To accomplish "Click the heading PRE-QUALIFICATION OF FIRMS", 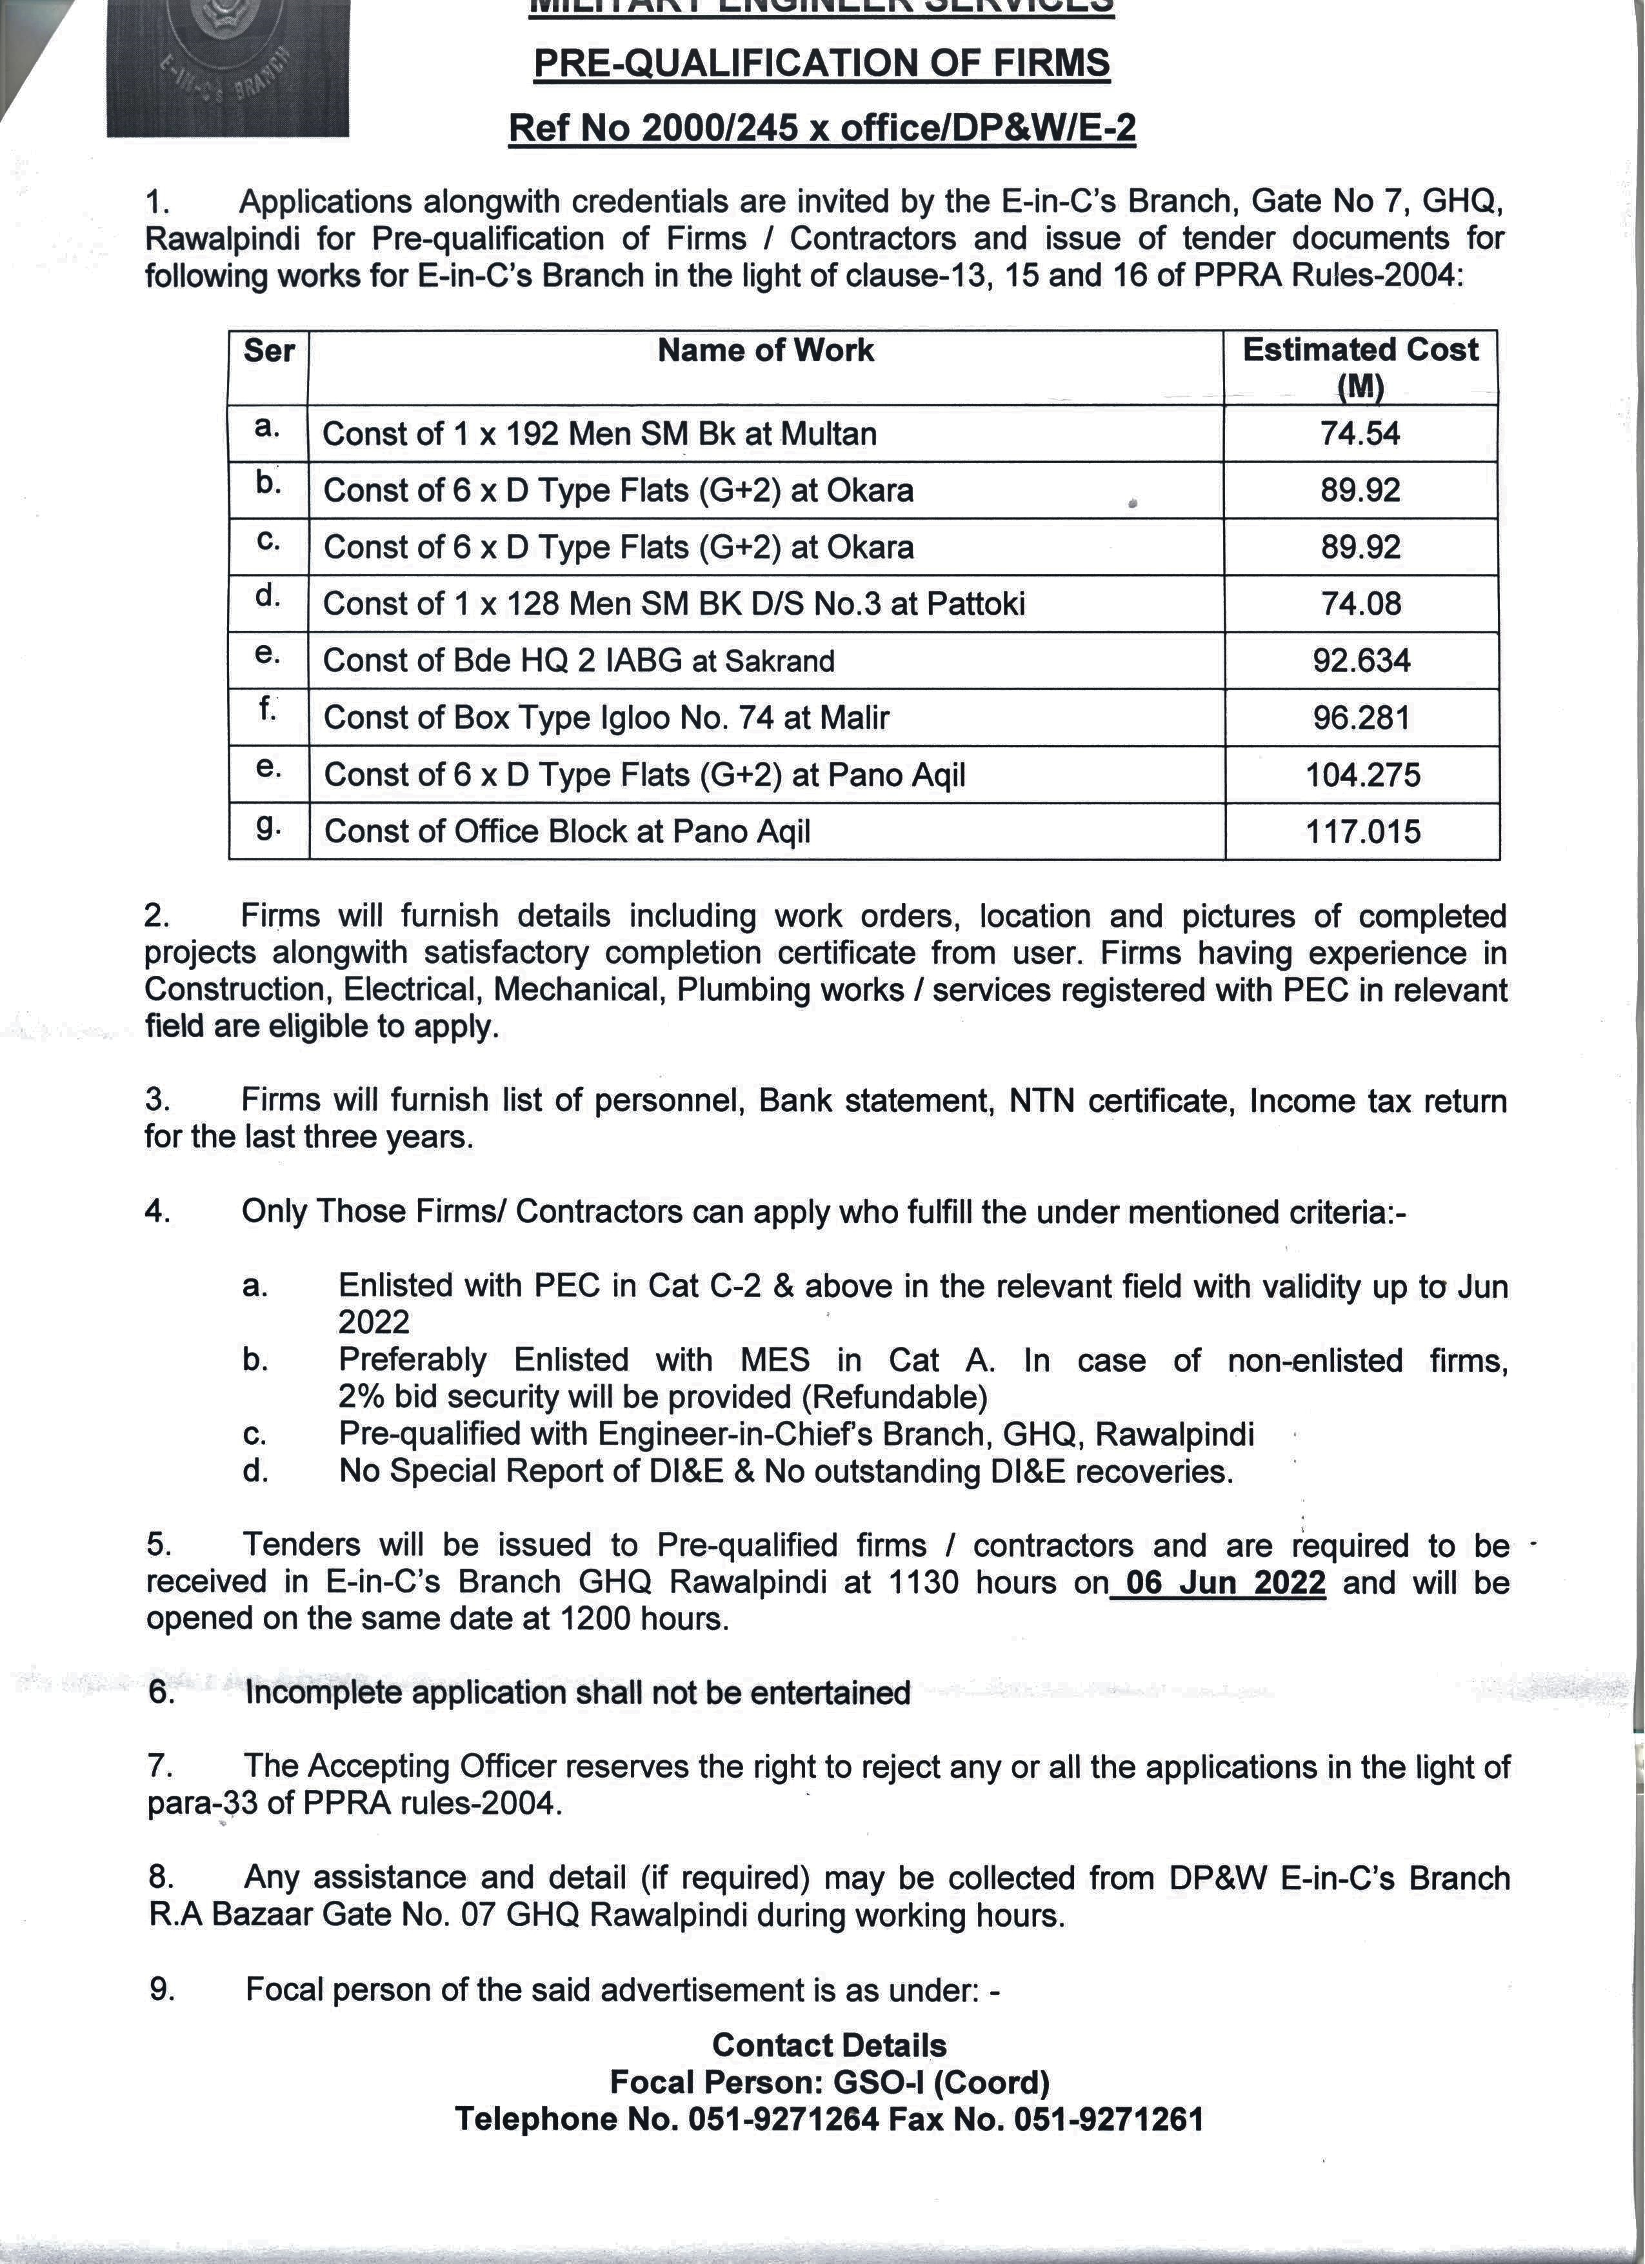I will pyautogui.click(x=821, y=64).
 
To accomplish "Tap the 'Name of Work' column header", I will pyautogui.click(x=766, y=350).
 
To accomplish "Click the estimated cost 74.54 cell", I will pyautogui.click(x=1361, y=433).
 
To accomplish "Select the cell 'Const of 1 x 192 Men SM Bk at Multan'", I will pyautogui.click(x=600, y=434).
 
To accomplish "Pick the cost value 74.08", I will pyautogui.click(x=1361, y=604).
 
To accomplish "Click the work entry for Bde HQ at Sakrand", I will pyautogui.click(x=579, y=661).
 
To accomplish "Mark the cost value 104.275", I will pyautogui.click(x=1362, y=775).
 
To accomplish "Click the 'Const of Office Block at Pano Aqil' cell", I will pyautogui.click(x=567, y=831).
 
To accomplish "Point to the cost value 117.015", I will pyautogui.click(x=1362, y=831).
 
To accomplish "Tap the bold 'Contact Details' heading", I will pyautogui.click(x=828, y=2045).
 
